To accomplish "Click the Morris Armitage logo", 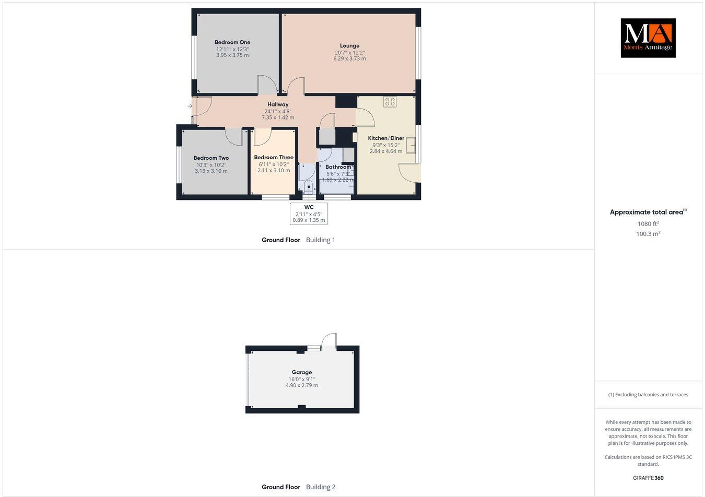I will click(x=648, y=38).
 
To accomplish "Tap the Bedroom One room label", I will click(x=232, y=42).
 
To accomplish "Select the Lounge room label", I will click(x=349, y=46).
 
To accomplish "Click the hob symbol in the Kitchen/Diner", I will click(x=390, y=102).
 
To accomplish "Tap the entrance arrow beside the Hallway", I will click(x=190, y=106).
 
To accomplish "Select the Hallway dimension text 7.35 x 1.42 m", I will click(x=278, y=117).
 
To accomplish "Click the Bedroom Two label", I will click(x=211, y=158).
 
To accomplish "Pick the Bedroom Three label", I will click(x=274, y=158).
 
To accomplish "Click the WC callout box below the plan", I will click(x=309, y=214).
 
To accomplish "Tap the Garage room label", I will click(x=302, y=372).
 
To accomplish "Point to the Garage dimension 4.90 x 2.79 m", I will click(x=302, y=385).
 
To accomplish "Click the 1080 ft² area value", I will click(x=648, y=224).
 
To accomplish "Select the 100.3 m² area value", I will click(x=648, y=234).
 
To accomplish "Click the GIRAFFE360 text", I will click(x=648, y=478).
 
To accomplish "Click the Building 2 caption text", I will click(x=321, y=487).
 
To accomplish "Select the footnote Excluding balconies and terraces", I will click(x=648, y=395).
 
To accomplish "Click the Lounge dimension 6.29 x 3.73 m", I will click(x=349, y=58).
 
